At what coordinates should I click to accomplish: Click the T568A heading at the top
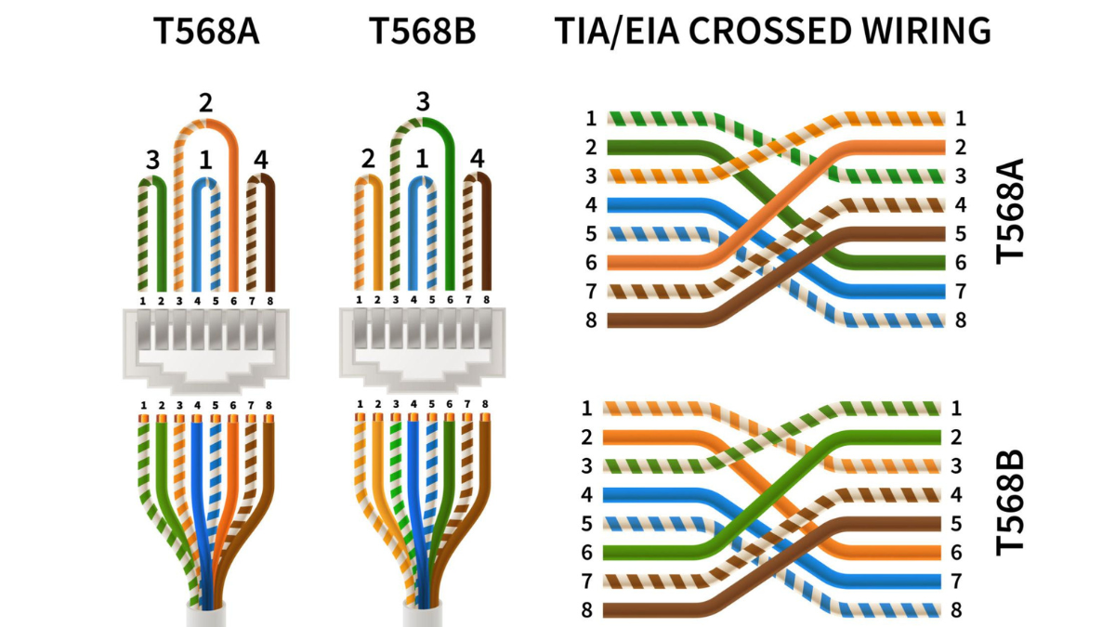coord(206,31)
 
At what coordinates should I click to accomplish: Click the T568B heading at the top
coord(422,31)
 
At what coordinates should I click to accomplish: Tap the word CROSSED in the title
coord(769,31)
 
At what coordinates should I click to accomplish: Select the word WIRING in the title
coord(926,31)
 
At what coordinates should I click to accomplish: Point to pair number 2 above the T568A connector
coord(205,103)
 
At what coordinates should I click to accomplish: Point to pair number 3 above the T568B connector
coord(423,101)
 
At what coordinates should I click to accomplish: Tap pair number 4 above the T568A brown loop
coord(261,160)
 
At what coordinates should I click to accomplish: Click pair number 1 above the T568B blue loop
coord(422,159)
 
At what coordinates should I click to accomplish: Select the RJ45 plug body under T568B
coord(422,348)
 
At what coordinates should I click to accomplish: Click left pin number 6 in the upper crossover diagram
coord(591,262)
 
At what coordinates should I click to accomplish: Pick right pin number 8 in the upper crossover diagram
coord(961,320)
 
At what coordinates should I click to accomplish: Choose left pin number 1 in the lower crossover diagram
coord(587,409)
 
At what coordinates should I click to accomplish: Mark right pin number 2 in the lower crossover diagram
coord(956,438)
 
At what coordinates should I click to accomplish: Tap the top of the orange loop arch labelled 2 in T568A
coord(206,123)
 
